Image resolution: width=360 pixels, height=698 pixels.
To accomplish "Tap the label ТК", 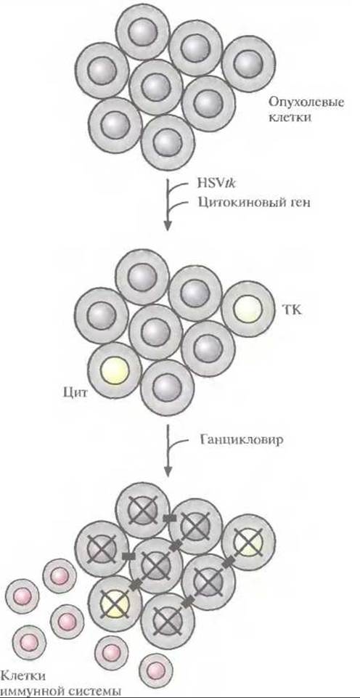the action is tap(292, 310).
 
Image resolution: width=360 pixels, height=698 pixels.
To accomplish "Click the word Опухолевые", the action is tap(306, 102).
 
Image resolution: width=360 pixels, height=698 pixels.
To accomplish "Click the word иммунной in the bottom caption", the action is tap(29, 691).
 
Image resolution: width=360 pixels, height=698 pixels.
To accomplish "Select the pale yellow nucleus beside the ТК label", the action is tap(247, 309).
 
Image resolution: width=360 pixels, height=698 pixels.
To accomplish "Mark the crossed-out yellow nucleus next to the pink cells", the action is tap(115, 604).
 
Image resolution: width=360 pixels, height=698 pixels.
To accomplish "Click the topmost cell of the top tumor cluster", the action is tap(142, 31).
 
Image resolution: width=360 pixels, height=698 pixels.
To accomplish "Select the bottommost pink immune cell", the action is tap(156, 670).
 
